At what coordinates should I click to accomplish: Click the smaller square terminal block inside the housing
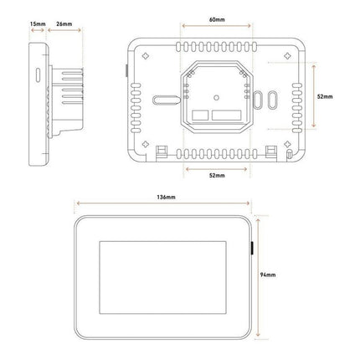point(199,115)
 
